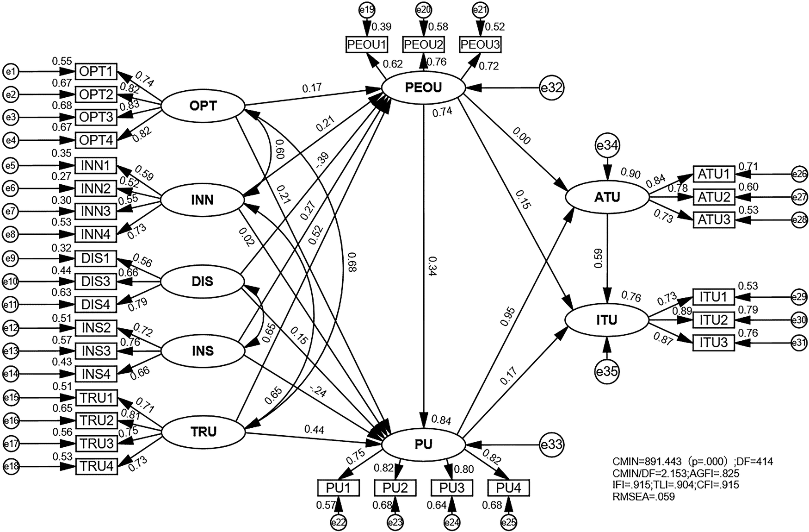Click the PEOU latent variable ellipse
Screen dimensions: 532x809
[x=423, y=88]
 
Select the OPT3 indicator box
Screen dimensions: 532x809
[x=96, y=117]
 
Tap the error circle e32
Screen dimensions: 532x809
[x=551, y=88]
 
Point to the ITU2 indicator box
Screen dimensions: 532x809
[x=713, y=320]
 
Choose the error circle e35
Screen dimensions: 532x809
[x=607, y=371]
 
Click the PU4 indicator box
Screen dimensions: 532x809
[x=508, y=488]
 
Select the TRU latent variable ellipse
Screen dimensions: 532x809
[x=203, y=432]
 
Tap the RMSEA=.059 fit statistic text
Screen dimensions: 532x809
[x=643, y=497]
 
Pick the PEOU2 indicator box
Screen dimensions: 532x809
[x=424, y=45]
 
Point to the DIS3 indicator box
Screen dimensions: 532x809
[x=96, y=281]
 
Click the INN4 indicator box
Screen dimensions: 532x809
[x=96, y=234]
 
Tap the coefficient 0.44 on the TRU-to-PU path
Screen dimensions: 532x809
[x=314, y=430]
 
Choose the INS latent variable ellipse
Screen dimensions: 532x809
[x=203, y=351]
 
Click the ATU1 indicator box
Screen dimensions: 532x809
[x=713, y=175]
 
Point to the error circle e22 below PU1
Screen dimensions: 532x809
[x=339, y=522]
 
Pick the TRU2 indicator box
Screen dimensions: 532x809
[x=96, y=420]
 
